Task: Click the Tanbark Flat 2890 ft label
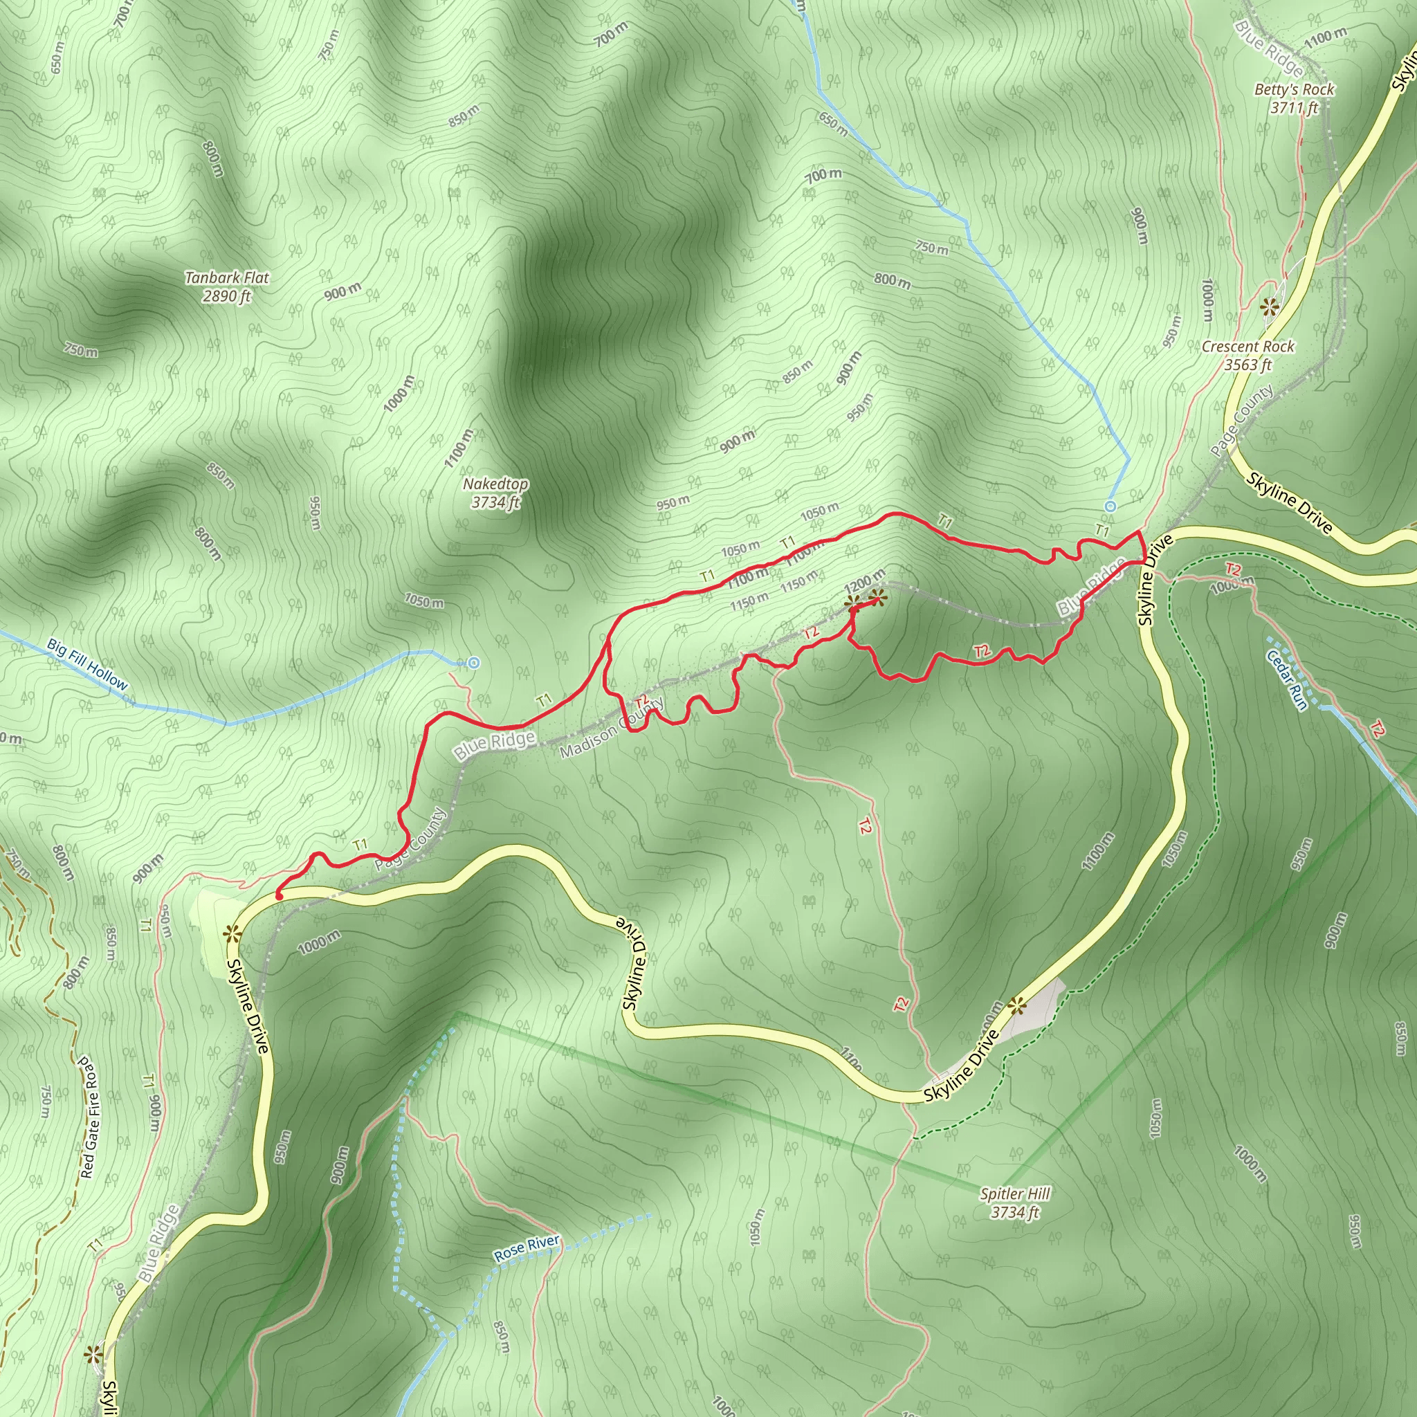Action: (227, 286)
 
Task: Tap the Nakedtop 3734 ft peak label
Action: (496, 493)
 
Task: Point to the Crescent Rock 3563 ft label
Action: (1247, 355)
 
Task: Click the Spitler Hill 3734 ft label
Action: (1015, 1203)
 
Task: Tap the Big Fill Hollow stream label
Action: (87, 665)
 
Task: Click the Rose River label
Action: (527, 1247)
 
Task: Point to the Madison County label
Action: (612, 729)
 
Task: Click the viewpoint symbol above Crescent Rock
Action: (1270, 306)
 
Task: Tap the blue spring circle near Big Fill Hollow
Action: (475, 663)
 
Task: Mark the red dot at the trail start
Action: (280, 895)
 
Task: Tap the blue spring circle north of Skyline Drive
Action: (1110, 506)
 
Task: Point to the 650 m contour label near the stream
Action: (833, 124)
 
